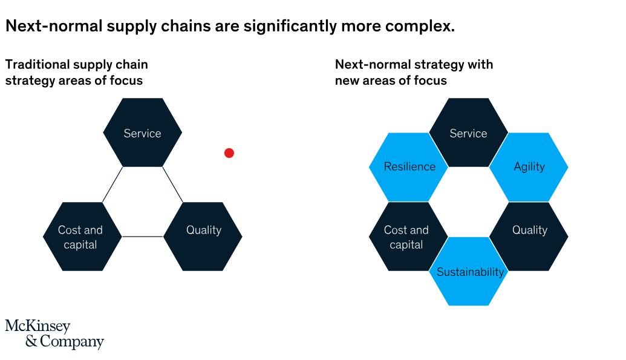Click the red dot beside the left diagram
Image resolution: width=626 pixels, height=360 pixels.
pyautogui.click(x=229, y=153)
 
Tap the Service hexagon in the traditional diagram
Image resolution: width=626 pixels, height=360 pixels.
pyautogui.click(x=143, y=133)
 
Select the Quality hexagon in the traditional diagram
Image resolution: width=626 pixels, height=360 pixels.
pyautogui.click(x=203, y=237)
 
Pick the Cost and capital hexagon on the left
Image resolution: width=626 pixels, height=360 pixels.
pyautogui.click(x=81, y=237)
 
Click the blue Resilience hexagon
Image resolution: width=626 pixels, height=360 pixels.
pyautogui.click(x=409, y=167)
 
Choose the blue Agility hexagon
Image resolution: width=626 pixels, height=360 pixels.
pyautogui.click(x=529, y=167)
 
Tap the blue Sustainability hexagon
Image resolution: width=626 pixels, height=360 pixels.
pyautogui.click(x=469, y=272)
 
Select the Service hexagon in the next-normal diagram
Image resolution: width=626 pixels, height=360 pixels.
pyautogui.click(x=469, y=133)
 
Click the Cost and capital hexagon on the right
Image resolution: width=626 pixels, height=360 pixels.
pyautogui.click(x=407, y=237)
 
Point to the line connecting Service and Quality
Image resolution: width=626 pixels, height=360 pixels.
pyautogui.click(x=173, y=185)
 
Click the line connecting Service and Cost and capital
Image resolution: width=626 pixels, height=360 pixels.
pyautogui.click(x=112, y=185)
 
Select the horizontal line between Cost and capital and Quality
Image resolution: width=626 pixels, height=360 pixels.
pyautogui.click(x=143, y=237)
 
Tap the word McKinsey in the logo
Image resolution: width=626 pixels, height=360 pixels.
pyautogui.click(x=37, y=327)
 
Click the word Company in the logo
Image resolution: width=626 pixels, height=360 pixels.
pyautogui.click(x=72, y=342)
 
